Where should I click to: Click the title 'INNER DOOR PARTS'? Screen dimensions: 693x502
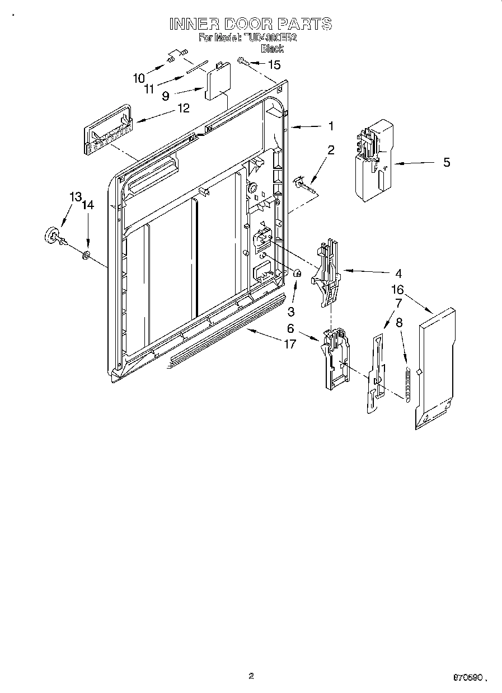251,24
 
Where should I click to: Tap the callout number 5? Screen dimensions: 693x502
447,163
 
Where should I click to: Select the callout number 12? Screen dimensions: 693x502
183,108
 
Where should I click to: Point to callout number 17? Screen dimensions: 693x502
289,344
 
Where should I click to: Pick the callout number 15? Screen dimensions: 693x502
274,65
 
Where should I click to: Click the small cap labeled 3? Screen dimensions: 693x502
298,274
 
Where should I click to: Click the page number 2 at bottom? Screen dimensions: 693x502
251,676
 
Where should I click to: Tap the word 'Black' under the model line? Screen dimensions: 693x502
272,49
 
